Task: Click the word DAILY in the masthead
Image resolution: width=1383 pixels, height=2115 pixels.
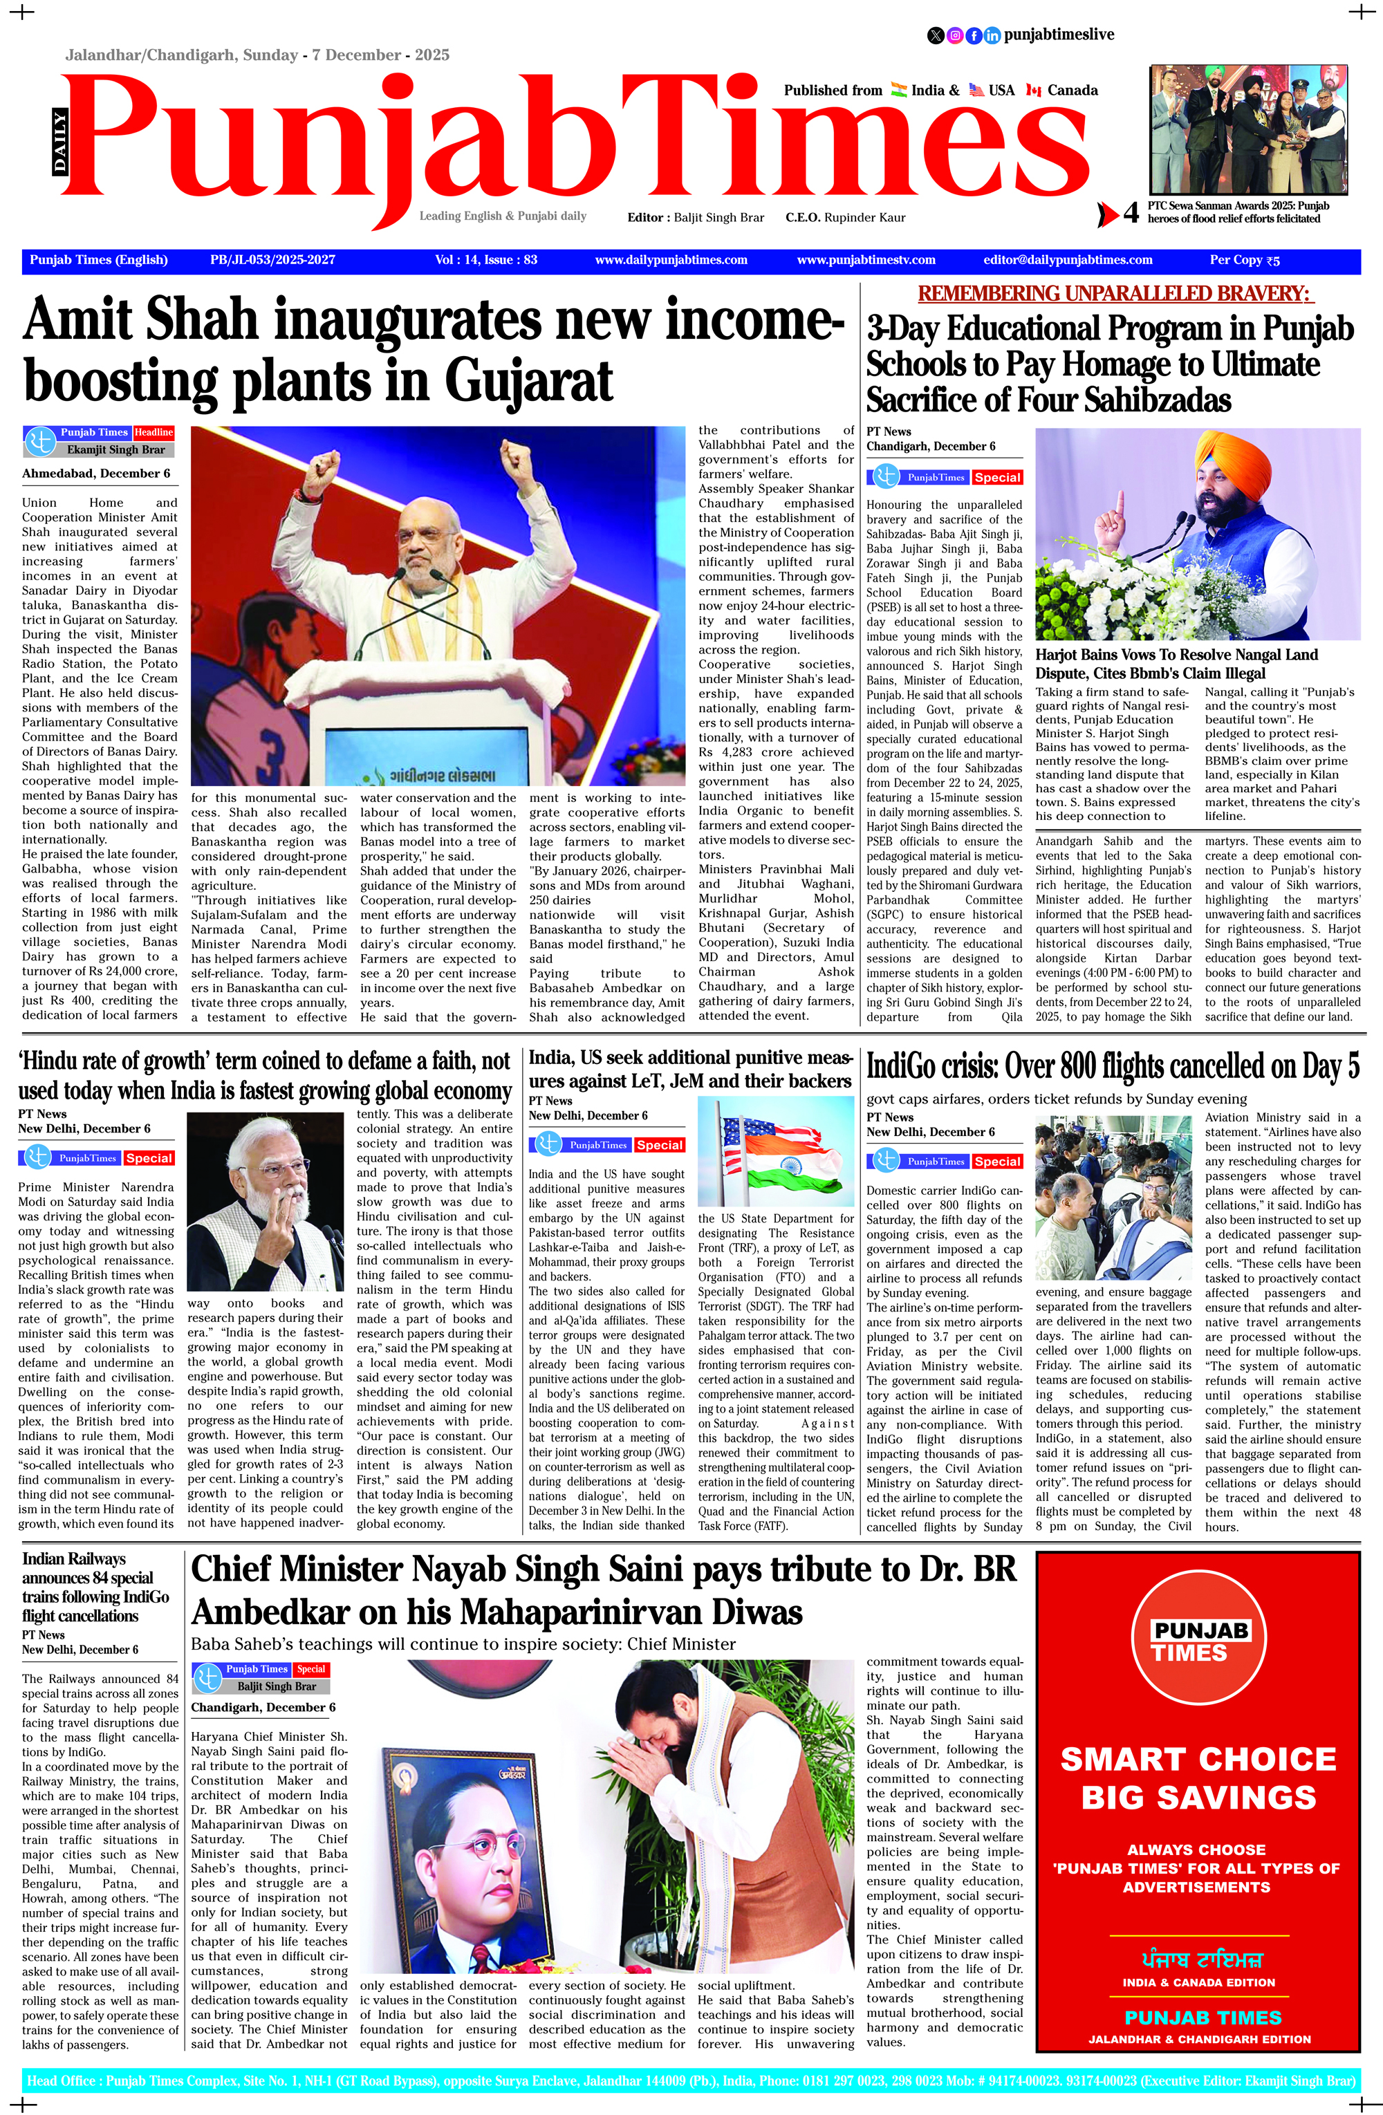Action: pos(59,140)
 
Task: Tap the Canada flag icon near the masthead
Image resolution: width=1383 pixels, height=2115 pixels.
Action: pos(1033,90)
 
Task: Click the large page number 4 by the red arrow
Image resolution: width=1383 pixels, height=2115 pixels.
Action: pos(1131,213)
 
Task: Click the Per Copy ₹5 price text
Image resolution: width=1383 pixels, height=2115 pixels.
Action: pos(1244,261)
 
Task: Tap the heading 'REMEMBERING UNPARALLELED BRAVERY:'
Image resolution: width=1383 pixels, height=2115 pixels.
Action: pos(1115,293)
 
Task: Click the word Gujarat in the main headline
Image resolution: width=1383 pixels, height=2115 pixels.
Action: pos(529,382)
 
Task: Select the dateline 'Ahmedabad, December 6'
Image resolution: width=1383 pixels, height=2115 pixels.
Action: pos(96,474)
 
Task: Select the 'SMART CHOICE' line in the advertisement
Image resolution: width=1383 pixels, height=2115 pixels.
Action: pos(1198,1759)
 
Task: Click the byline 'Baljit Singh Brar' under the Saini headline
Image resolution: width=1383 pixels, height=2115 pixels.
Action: pos(277,1686)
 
